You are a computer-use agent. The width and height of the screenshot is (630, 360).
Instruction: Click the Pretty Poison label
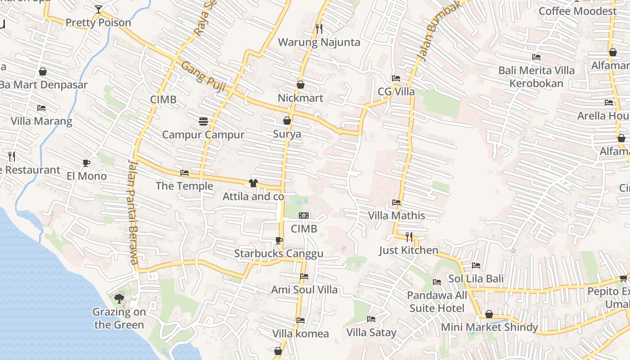[98, 22]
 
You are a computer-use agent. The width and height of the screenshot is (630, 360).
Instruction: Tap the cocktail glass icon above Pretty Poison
[99, 9]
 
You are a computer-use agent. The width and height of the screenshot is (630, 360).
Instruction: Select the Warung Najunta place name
[319, 42]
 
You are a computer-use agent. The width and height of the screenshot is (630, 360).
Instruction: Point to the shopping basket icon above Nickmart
[301, 85]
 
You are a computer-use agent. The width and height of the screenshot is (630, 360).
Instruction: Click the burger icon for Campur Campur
[203, 121]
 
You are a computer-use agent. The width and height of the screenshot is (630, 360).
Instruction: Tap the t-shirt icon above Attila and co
[253, 183]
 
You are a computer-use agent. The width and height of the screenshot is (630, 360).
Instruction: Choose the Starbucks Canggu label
[279, 254]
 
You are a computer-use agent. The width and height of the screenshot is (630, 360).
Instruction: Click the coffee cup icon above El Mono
[86, 163]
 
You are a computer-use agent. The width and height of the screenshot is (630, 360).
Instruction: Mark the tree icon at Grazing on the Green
[119, 298]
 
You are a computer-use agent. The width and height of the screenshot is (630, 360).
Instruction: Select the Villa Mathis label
[396, 216]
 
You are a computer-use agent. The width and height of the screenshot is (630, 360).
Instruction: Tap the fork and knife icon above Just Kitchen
[409, 237]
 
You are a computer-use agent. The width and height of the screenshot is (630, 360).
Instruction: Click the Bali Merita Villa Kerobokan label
[536, 77]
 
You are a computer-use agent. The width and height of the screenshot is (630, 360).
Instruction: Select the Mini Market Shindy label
[489, 327]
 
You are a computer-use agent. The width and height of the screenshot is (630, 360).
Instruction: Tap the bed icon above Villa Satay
[371, 319]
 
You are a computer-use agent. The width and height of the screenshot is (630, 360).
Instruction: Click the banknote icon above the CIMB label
[304, 216]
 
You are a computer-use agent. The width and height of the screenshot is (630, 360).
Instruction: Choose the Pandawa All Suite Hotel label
[437, 302]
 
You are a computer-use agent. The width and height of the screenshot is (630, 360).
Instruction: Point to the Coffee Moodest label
[577, 11]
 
